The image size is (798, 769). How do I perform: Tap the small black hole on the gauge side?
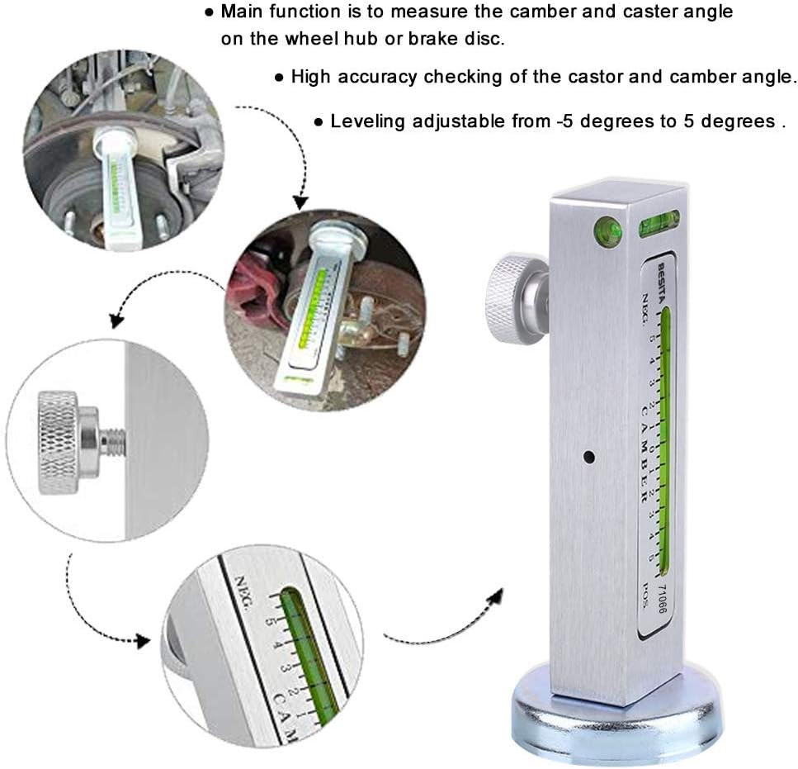pos(588,456)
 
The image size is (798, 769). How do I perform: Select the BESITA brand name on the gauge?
pos(661,278)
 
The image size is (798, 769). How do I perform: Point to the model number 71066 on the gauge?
pos(661,598)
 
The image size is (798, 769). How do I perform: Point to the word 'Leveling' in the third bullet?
pos(366,121)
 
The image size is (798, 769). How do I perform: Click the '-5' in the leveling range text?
pos(564,121)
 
